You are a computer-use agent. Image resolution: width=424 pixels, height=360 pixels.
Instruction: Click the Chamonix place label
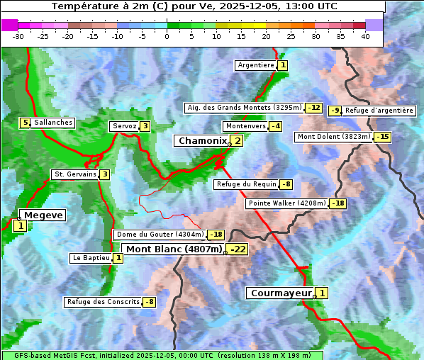pyautogui.click(x=202, y=141)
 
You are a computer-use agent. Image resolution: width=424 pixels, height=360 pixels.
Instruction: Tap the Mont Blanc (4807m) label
pyautogui.click(x=174, y=249)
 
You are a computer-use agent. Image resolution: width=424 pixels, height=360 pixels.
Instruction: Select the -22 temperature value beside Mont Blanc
pyautogui.click(x=238, y=249)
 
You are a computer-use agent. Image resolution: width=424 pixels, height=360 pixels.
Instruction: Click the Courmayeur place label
pyautogui.click(x=281, y=293)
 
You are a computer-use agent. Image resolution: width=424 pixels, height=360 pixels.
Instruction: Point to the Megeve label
pyautogui.click(x=43, y=215)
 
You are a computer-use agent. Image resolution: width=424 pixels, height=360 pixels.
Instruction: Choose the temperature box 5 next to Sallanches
pyautogui.click(x=26, y=123)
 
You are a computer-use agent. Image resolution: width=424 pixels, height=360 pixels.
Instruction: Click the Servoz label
pyautogui.click(x=123, y=126)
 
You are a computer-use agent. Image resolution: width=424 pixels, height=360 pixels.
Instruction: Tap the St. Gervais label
pyautogui.click(x=74, y=174)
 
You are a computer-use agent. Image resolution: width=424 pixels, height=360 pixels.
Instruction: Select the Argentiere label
pyautogui.click(x=256, y=65)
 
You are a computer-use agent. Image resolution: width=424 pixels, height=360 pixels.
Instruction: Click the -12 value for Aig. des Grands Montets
pyautogui.click(x=314, y=108)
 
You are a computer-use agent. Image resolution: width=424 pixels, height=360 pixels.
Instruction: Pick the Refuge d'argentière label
pyautogui.click(x=379, y=111)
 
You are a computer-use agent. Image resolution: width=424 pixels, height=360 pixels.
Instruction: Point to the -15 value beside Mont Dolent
pyautogui.click(x=383, y=137)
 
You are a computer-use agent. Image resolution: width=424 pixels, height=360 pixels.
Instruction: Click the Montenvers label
pyautogui.click(x=245, y=126)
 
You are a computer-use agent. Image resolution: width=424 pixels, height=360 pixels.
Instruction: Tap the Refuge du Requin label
pyautogui.click(x=245, y=184)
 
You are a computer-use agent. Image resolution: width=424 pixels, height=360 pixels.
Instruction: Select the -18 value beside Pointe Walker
pyautogui.click(x=338, y=203)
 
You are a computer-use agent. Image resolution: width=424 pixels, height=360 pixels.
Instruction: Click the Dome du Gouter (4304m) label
pyautogui.click(x=160, y=235)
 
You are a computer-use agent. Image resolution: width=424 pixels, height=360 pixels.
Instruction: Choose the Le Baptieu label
pyautogui.click(x=91, y=258)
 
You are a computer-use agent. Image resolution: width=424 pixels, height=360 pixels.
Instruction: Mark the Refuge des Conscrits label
pyautogui.click(x=103, y=302)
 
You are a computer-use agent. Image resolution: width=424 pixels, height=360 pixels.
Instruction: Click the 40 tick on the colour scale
pyautogui.click(x=365, y=35)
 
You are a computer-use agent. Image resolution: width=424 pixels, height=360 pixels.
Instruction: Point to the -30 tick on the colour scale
pyautogui.click(x=18, y=35)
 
